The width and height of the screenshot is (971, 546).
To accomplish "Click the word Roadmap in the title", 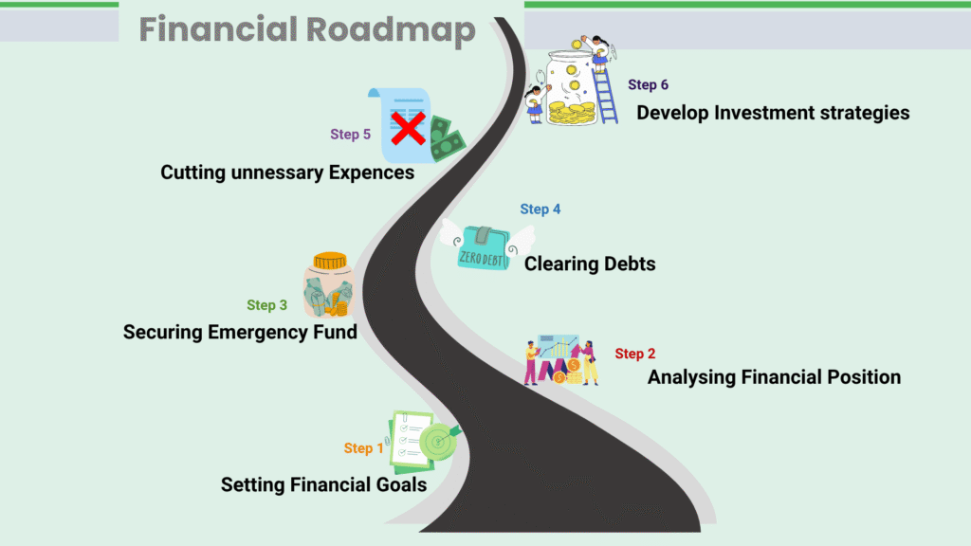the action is click(391, 29).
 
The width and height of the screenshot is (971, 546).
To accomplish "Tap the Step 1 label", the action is click(363, 448).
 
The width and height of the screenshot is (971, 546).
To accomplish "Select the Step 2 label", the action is click(634, 354).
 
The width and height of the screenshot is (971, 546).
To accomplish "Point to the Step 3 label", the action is click(266, 305).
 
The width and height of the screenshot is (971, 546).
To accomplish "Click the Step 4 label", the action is click(540, 209).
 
